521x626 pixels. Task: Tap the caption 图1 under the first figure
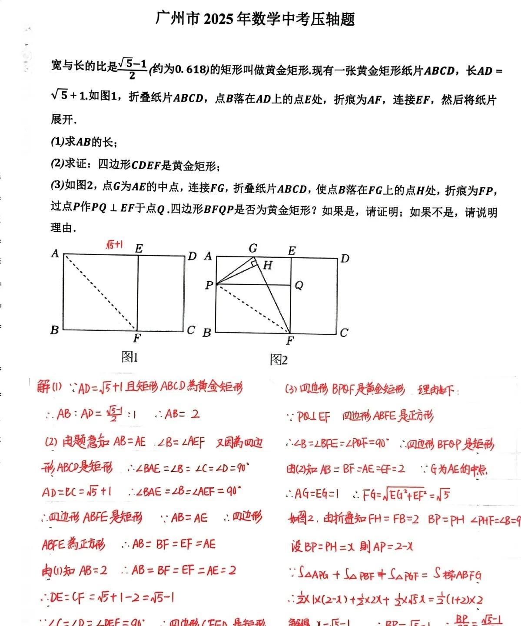pos(129,357)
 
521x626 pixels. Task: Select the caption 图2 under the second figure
pos(279,360)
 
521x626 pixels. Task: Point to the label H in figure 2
pos(267,265)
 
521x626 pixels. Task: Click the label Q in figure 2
pos(299,285)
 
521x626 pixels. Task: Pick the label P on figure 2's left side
pos(209,285)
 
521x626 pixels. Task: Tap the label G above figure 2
pos(253,248)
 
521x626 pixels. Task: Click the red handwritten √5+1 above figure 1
pos(114,245)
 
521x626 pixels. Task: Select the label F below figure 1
pos(137,339)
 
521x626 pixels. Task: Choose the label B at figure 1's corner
pos(54,330)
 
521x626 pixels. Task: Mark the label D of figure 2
pos(345,259)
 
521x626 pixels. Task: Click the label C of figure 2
pos(344,333)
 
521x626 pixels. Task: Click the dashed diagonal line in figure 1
pos(100,292)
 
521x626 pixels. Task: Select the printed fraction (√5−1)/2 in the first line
pos(132,69)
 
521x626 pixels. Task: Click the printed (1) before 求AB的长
pos(57,141)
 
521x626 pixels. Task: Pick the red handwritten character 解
pos(43,386)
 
